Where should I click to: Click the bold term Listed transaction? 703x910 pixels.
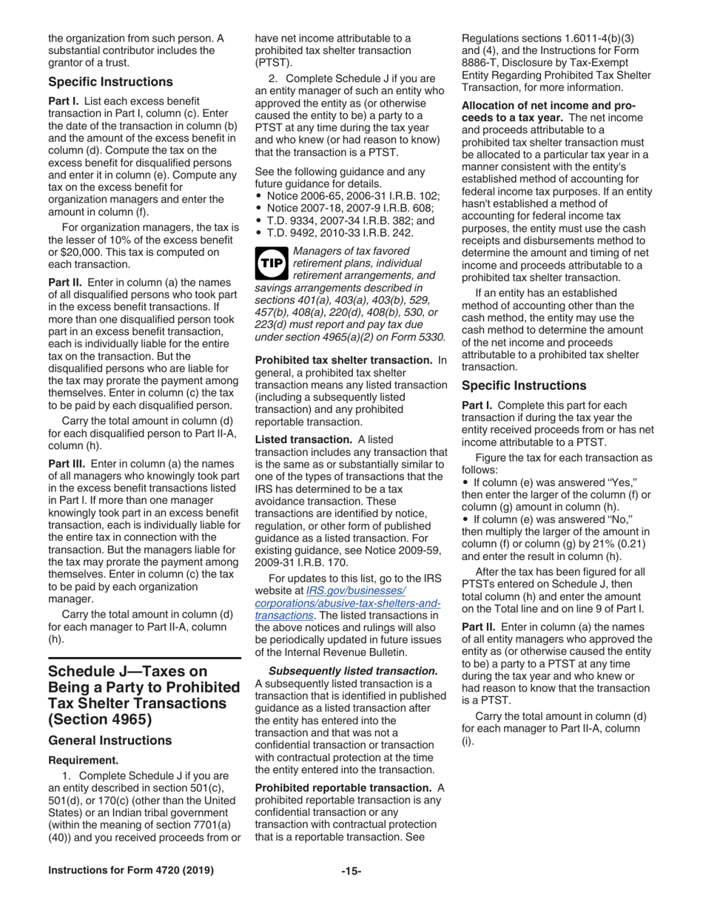click(x=303, y=439)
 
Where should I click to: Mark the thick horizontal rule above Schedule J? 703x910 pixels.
click(x=144, y=658)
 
